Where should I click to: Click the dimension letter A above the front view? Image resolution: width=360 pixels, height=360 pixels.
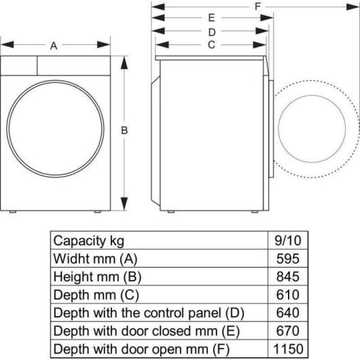coord(54,46)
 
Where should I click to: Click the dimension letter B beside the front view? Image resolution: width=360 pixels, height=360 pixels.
coord(126,130)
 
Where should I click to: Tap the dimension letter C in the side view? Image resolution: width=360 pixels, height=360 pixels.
coord(211,45)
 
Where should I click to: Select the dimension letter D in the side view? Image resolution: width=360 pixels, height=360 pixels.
coord(211,31)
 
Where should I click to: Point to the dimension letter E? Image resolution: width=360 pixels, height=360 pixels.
coord(211,18)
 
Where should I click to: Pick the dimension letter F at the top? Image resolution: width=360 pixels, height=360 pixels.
coord(258,6)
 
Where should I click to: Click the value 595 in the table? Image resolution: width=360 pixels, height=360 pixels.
coord(289,259)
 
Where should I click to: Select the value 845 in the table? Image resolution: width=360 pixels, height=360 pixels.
coord(289,276)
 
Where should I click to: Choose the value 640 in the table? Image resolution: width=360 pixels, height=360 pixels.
coord(289,312)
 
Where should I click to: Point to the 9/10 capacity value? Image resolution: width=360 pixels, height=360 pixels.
coord(289,240)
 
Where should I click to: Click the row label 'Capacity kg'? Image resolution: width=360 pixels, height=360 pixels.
coord(89,240)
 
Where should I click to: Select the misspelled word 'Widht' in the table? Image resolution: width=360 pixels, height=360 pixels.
coord(71,259)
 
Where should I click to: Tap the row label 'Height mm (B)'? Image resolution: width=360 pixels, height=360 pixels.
coord(98,276)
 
